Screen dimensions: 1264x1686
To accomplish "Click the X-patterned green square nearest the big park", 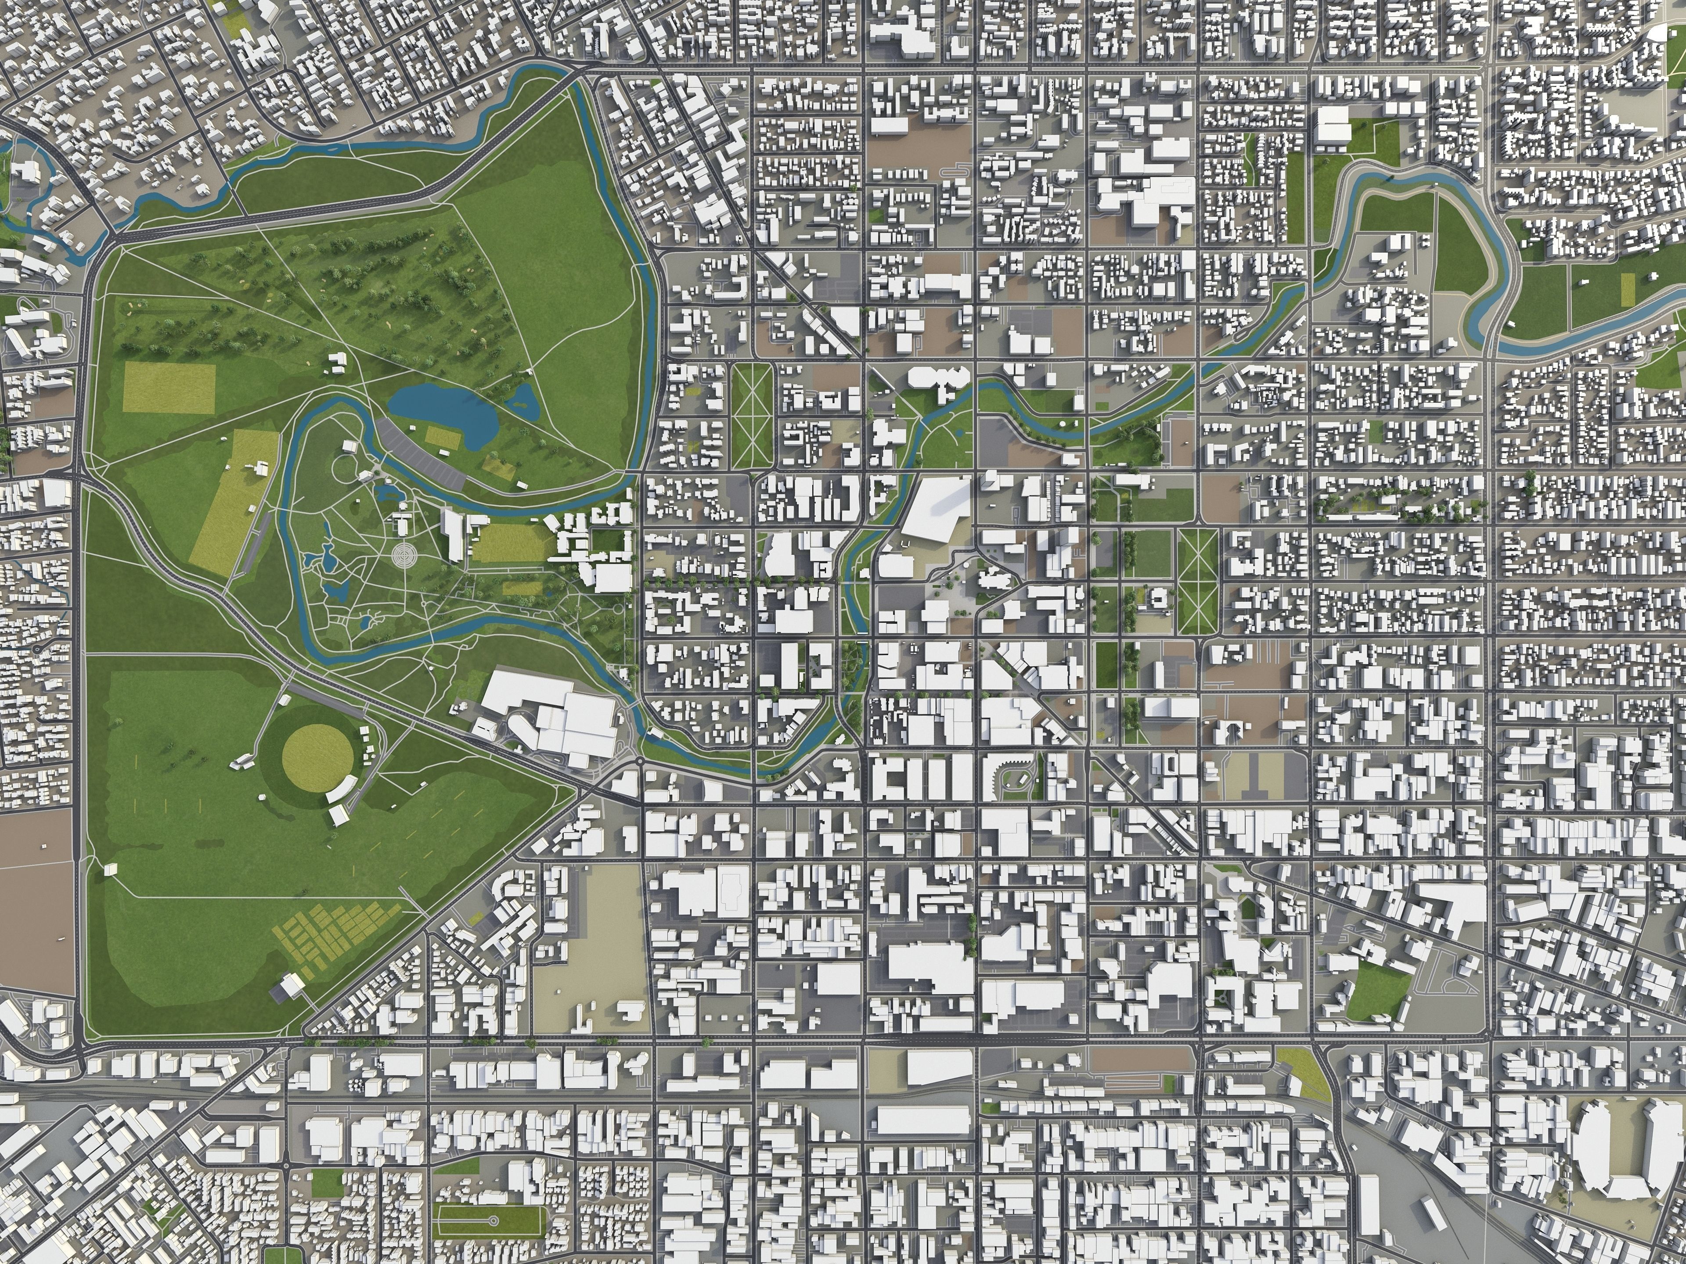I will [x=753, y=415].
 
